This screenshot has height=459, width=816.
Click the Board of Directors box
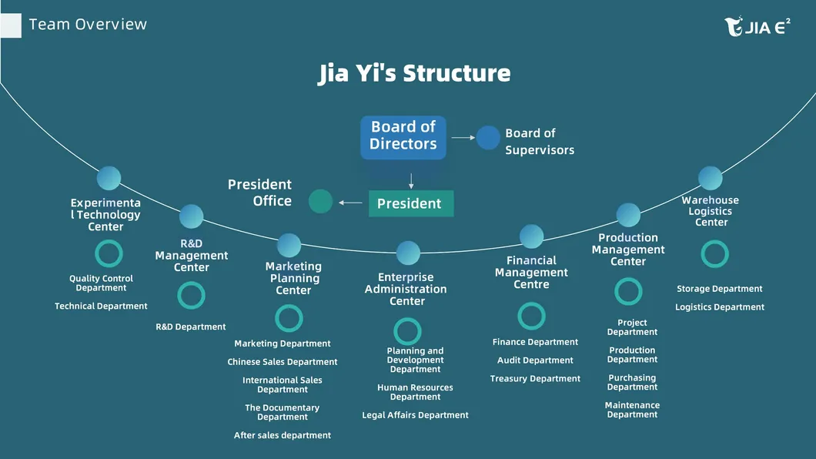[403, 136]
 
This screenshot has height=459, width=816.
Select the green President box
[411, 203]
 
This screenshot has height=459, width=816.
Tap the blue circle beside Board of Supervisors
[488, 138]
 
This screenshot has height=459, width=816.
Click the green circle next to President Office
[320, 202]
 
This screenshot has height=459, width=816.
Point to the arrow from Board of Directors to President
[411, 181]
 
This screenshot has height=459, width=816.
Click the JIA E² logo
[757, 27]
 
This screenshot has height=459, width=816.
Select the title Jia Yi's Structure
[414, 73]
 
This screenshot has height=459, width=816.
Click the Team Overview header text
[88, 25]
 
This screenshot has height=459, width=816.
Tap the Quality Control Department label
[101, 283]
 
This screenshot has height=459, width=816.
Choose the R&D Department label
[191, 327]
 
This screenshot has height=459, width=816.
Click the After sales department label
[283, 435]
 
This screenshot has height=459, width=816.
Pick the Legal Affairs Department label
[415, 415]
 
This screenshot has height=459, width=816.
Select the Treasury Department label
[535, 379]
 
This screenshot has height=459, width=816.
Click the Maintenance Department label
[632, 410]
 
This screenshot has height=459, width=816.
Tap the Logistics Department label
[720, 307]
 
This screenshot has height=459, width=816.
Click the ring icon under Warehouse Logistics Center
[714, 254]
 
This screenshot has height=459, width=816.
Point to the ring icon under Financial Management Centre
[531, 316]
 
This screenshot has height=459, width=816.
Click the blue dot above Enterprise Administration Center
[408, 253]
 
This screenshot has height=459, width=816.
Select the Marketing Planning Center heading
[293, 278]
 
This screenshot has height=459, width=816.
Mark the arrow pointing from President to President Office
[351, 203]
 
